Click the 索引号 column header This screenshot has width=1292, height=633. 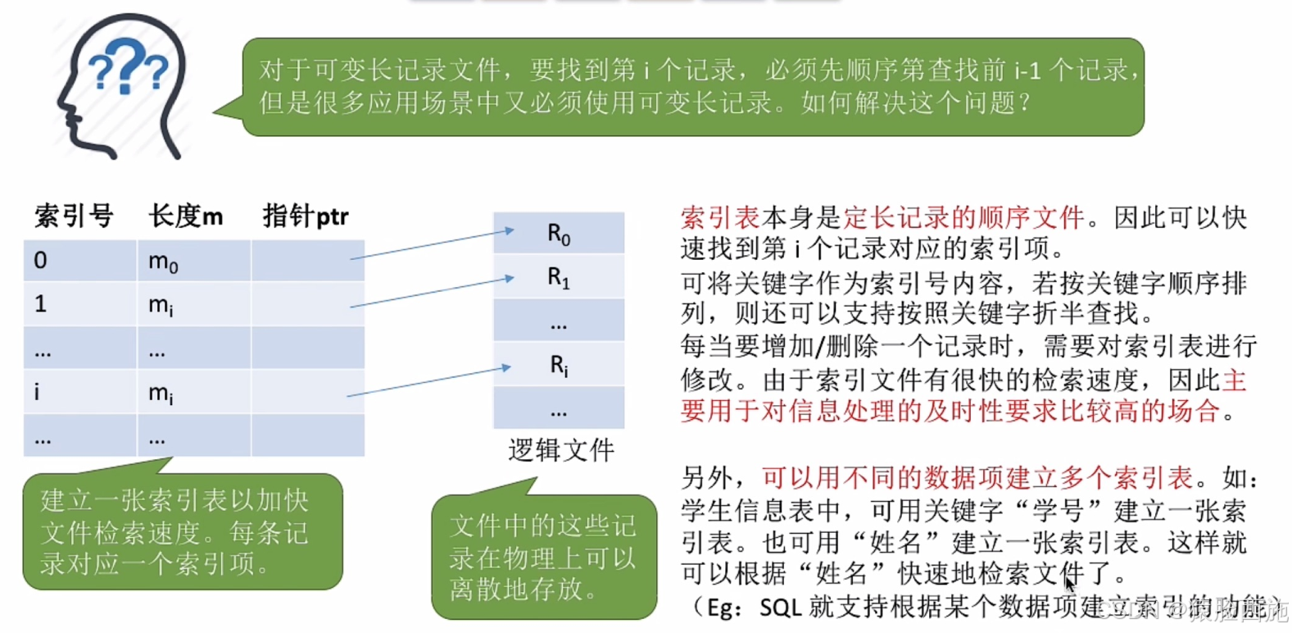coord(74,216)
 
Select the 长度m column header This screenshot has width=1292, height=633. coord(186,216)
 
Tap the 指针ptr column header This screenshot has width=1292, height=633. coord(306,216)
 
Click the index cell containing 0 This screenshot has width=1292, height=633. coord(41,261)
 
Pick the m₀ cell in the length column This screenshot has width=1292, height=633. coord(163,262)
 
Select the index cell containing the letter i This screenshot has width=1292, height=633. coord(37,392)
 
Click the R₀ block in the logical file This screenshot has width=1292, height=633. coord(559,235)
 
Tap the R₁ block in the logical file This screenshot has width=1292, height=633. coord(559,278)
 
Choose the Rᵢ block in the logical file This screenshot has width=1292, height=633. coord(559,365)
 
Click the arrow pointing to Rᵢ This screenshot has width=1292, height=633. coord(428,381)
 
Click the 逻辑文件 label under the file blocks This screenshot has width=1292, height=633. coord(561,449)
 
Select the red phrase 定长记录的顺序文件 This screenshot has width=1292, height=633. coord(963,217)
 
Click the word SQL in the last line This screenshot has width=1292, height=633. coord(780,608)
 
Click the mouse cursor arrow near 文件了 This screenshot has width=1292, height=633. coord(1069,585)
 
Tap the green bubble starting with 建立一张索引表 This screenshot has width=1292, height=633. coord(182,532)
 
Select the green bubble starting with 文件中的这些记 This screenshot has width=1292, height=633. coord(543,558)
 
